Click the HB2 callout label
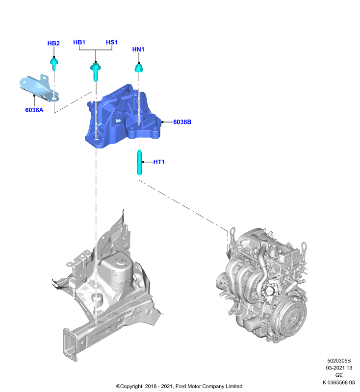point(53,43)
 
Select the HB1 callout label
point(79,42)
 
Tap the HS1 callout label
point(111,42)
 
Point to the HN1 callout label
point(138,49)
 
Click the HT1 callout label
point(159,162)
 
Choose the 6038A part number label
point(34,110)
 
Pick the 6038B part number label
point(182,122)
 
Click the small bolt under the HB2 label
point(54,64)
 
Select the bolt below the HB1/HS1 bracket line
point(95,71)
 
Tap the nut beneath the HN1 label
point(139,68)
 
